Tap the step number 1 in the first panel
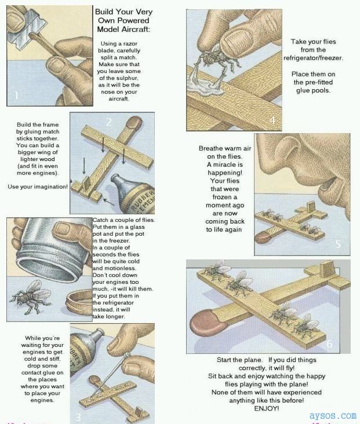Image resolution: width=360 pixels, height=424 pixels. click(17, 95)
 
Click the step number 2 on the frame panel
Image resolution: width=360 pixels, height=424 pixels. click(108, 122)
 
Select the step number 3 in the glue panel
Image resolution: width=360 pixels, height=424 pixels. click(79, 415)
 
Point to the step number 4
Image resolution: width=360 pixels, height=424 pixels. click(273, 120)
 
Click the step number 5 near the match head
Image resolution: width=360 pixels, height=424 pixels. click(339, 244)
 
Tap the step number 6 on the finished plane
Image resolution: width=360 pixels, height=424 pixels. click(329, 344)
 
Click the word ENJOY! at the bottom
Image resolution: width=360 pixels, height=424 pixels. click(267, 408)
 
